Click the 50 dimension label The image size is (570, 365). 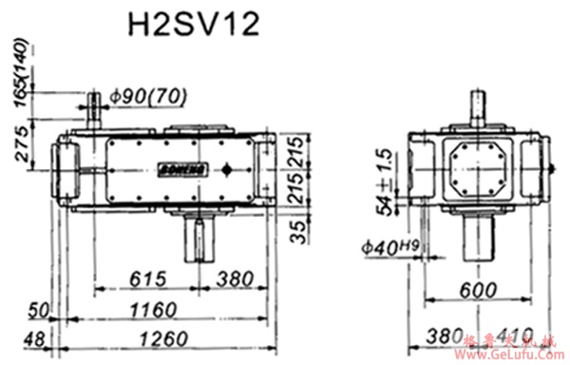[x=38, y=310]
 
